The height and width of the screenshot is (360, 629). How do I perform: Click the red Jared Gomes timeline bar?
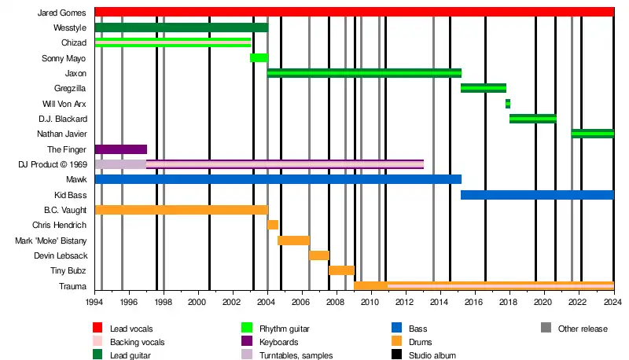[x=354, y=12]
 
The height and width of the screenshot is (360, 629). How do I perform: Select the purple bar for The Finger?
[x=120, y=149]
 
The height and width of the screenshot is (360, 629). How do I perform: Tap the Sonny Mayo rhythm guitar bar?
[x=259, y=57]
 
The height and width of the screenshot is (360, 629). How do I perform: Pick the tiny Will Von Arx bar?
[x=508, y=104]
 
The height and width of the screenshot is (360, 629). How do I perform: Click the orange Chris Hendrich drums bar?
[x=273, y=225]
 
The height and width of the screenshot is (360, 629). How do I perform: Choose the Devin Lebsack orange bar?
[x=318, y=255]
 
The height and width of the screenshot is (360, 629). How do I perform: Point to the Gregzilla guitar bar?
[x=483, y=88]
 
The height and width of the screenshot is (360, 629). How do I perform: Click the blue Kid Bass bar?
[x=536, y=195]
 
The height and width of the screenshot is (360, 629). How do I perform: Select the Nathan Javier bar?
[x=592, y=134]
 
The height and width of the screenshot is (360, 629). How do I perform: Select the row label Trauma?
[x=73, y=286]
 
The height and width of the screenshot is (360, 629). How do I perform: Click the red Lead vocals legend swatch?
[x=97, y=328]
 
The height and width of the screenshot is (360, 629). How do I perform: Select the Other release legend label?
[x=583, y=329]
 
